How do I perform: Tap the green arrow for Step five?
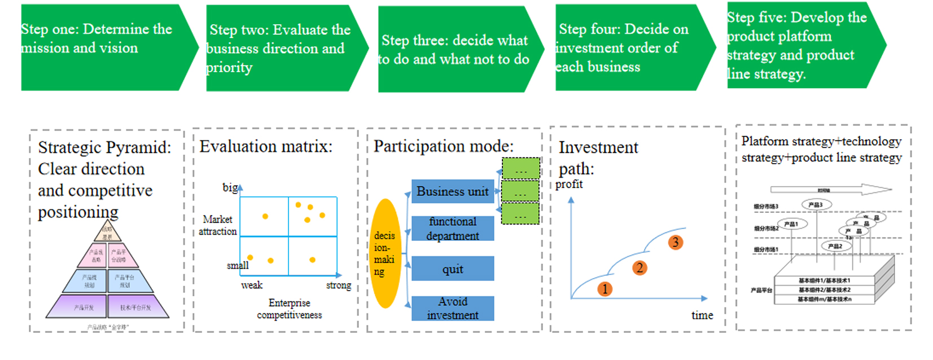801,46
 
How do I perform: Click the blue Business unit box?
453,191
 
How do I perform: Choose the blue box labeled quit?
453,269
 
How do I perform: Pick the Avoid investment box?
453,308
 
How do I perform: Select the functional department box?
453,229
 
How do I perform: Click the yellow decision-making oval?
385,253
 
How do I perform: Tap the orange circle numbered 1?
605,289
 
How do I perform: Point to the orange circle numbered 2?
639,268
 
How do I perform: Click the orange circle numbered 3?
675,243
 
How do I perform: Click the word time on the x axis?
702,315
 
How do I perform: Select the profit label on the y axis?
569,185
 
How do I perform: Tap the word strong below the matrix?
339,286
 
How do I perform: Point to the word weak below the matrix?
252,286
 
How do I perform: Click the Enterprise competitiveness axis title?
290,309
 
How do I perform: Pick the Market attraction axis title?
218,225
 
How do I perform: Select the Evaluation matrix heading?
266,147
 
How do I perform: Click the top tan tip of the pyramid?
107,231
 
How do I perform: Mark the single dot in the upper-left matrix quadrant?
265,216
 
